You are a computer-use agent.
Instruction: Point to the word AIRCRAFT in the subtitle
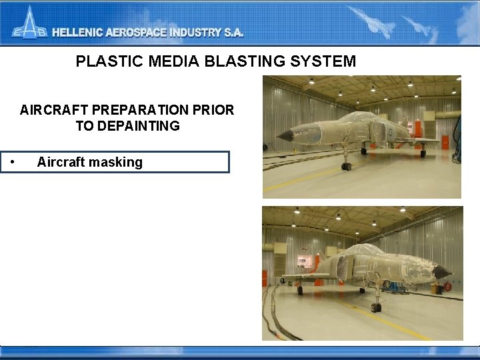point(50,110)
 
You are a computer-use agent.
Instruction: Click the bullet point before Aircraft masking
point(13,162)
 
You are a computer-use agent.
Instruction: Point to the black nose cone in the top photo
point(285,136)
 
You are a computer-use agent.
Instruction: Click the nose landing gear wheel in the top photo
point(346,166)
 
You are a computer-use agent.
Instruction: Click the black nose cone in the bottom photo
point(441,272)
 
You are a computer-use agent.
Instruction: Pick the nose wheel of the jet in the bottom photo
point(376,307)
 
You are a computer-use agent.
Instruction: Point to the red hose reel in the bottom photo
point(303,261)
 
